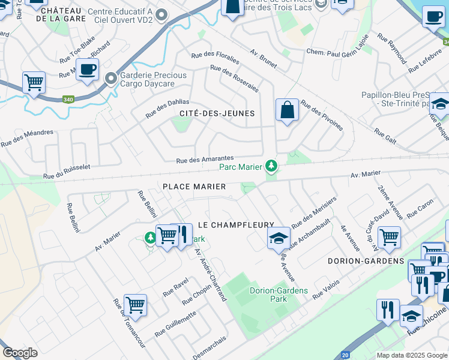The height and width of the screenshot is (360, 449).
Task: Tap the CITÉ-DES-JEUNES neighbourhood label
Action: (217, 113)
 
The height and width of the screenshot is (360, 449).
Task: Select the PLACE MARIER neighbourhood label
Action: (194, 187)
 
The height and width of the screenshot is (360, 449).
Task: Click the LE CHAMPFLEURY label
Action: (236, 224)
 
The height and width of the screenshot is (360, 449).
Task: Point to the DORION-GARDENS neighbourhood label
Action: (366, 261)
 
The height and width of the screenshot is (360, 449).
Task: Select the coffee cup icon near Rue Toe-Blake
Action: (88, 70)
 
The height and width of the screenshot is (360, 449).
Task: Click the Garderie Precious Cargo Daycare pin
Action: (110, 79)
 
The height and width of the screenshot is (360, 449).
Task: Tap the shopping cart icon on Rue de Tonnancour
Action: (136, 304)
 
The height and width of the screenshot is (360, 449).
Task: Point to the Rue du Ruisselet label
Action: (66, 173)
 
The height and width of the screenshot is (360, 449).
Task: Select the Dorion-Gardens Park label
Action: (279, 295)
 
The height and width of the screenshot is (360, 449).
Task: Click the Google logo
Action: (20, 353)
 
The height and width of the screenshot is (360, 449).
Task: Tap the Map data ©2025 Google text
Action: (411, 355)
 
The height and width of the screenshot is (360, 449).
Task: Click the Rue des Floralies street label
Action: (215, 58)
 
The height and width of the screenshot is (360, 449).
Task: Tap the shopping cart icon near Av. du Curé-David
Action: (390, 236)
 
